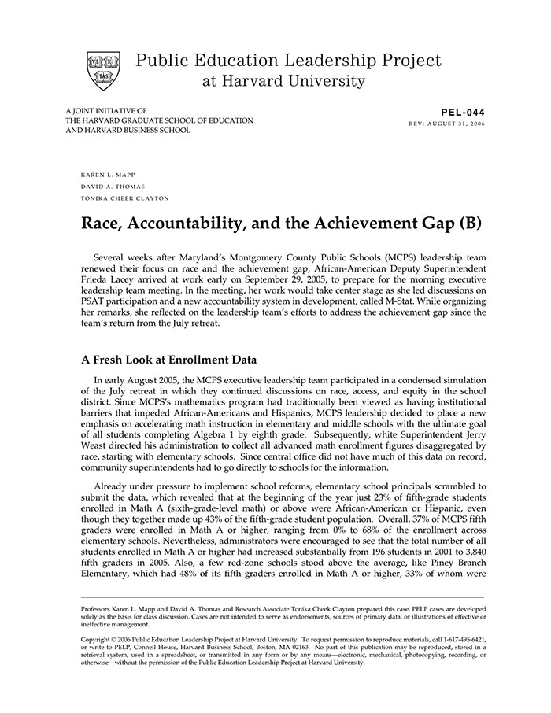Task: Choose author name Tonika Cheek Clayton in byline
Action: [x=125, y=199]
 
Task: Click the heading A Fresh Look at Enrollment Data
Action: [x=169, y=360]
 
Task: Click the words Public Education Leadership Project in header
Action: [x=289, y=61]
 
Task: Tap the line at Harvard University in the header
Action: [x=283, y=81]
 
